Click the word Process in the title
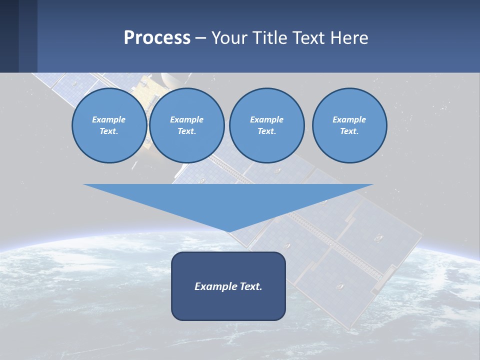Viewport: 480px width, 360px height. [157, 38]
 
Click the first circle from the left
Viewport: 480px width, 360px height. [109, 125]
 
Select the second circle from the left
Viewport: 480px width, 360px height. [186, 125]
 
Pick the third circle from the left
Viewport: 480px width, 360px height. [266, 125]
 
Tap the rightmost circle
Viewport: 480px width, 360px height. [349, 125]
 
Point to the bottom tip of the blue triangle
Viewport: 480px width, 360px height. [228, 232]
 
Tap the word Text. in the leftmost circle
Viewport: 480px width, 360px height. [109, 131]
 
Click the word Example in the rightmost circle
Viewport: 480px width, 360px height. [349, 119]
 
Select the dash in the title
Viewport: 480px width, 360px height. [200, 38]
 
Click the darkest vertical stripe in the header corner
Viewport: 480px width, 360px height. [9, 36]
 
